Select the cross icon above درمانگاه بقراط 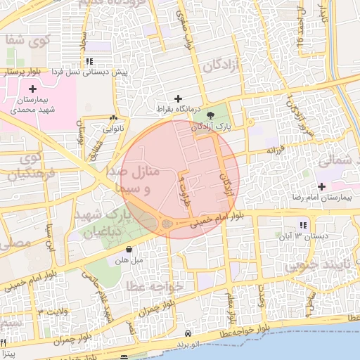coord(178,98)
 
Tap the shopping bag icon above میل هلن coord(129,250)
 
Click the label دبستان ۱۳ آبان coord(302,236)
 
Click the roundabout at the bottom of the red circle coord(167,225)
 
